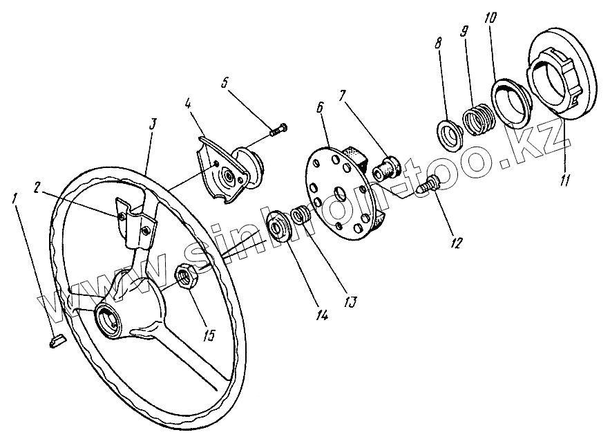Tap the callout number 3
point(153,125)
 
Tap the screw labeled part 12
point(430,185)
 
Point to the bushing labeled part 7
point(386,168)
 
